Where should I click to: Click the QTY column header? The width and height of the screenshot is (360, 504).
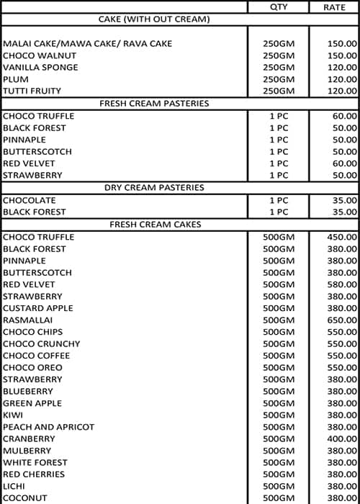pyautogui.click(x=278, y=6)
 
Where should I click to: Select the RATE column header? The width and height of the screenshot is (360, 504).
pyautogui.click(x=333, y=6)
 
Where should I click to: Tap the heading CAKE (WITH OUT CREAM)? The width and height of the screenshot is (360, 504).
pyautogui.click(x=154, y=19)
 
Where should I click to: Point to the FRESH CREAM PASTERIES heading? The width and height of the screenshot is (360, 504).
pyautogui.click(x=154, y=104)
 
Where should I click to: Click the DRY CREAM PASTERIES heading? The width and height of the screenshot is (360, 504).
pyautogui.click(x=154, y=187)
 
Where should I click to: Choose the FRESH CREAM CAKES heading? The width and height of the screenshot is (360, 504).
pyautogui.click(x=154, y=225)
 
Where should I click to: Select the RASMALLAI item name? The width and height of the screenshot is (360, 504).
pyautogui.click(x=27, y=320)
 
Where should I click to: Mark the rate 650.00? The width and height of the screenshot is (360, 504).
pyautogui.click(x=342, y=320)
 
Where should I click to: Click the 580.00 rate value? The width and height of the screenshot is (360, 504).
pyautogui.click(x=342, y=284)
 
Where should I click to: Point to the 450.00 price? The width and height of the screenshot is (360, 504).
pyautogui.click(x=342, y=237)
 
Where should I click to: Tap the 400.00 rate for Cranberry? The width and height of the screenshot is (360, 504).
pyautogui.click(x=342, y=438)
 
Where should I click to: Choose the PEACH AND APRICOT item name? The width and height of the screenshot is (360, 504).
pyautogui.click(x=48, y=427)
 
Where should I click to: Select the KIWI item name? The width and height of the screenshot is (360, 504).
pyautogui.click(x=13, y=415)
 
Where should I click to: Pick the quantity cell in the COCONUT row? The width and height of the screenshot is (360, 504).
pyautogui.click(x=279, y=498)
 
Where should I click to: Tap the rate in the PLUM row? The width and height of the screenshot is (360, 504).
pyautogui.click(x=342, y=79)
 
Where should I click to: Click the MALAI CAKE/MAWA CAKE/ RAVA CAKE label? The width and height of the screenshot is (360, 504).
pyautogui.click(x=87, y=44)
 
